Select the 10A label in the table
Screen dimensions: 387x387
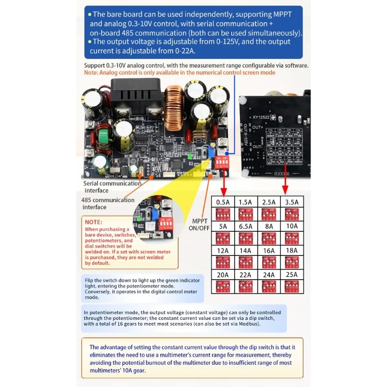291,226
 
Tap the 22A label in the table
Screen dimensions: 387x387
245,274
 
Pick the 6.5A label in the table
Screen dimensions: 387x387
245,226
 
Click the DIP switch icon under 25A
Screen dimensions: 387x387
291,286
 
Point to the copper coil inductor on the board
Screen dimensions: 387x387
174,104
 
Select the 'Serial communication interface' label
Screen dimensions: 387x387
112,187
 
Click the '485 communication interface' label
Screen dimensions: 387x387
108,204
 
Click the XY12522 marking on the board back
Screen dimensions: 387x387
262,117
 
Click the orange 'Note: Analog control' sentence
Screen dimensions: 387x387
179,73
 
